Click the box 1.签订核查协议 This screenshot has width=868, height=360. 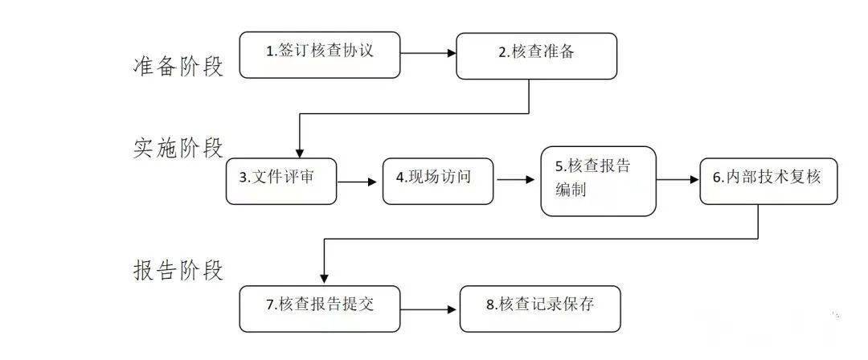tap(320, 55)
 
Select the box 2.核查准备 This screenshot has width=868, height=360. tap(536, 55)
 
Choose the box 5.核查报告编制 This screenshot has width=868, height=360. tap(598, 181)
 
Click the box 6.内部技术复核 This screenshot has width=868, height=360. tap(768, 181)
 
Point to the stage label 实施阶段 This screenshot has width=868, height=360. tap(178, 147)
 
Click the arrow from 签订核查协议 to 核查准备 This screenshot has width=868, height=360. tap(428, 54)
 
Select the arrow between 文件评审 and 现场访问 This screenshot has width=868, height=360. tap(358, 182)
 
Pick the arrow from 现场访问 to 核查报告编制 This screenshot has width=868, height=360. tap(517, 181)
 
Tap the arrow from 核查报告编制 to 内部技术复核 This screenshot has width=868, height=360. tap(678, 181)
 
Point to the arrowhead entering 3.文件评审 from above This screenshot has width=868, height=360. tap(299, 152)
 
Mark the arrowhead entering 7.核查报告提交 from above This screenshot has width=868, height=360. tap(323, 278)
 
